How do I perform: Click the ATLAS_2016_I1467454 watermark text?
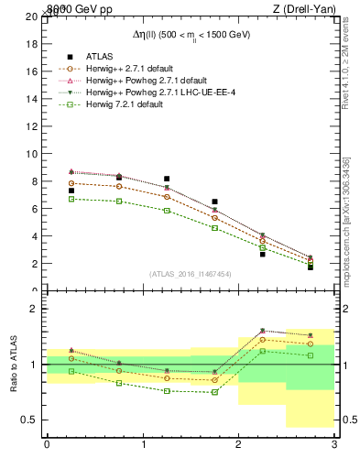tap(190, 273)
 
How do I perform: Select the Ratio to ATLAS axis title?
tap(13, 365)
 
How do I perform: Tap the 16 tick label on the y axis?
tap(32, 71)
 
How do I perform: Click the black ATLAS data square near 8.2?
tap(167, 179)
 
